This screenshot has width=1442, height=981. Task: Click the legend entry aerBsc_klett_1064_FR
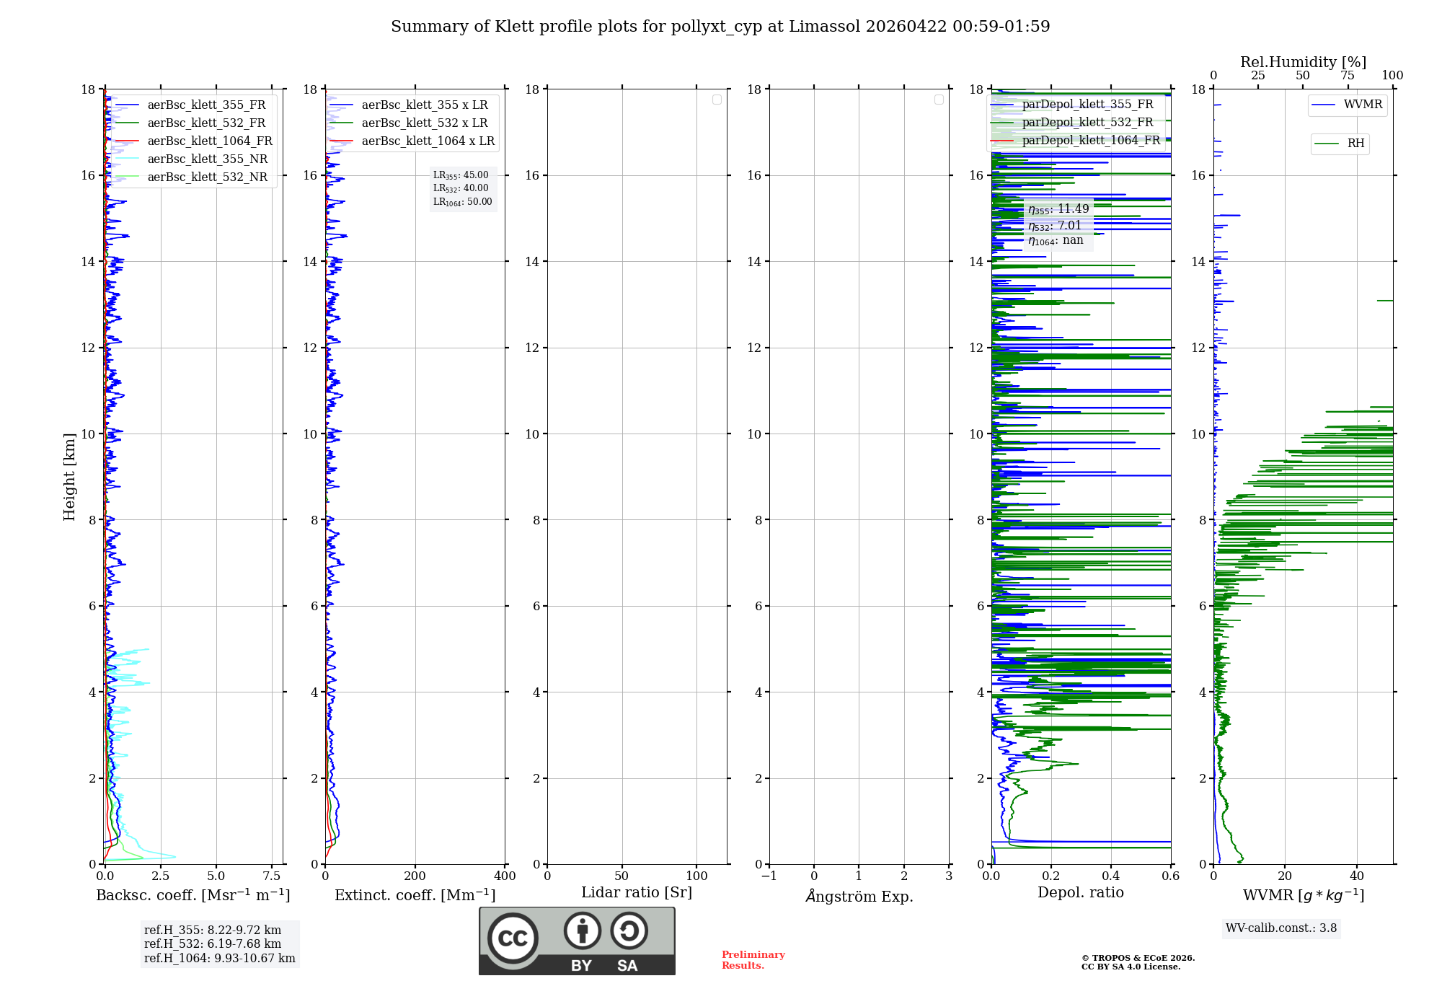point(210,141)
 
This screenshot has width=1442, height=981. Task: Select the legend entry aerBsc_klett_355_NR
point(207,159)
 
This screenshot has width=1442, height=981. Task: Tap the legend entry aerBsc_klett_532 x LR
point(424,123)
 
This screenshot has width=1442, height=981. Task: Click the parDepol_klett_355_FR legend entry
point(1087,105)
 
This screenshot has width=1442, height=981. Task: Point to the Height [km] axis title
point(69,477)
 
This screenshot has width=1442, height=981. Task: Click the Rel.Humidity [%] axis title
point(1303,62)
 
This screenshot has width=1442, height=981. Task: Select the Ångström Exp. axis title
point(859,896)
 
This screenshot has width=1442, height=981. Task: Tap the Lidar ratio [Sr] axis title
point(637,893)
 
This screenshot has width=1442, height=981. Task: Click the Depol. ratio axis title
point(1080,893)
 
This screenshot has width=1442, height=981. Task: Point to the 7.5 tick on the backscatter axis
point(272,876)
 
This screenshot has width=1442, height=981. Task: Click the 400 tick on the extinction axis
point(505,876)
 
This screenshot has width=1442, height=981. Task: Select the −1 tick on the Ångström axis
point(769,876)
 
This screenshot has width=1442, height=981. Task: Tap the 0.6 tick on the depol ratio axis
point(1170,876)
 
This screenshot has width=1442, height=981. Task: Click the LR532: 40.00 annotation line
point(461,188)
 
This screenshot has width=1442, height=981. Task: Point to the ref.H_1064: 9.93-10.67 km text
point(219,959)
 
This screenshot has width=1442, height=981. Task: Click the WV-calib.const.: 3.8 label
point(1280,928)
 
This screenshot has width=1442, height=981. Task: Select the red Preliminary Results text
point(753,960)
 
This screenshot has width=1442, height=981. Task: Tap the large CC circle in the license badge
point(513,938)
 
